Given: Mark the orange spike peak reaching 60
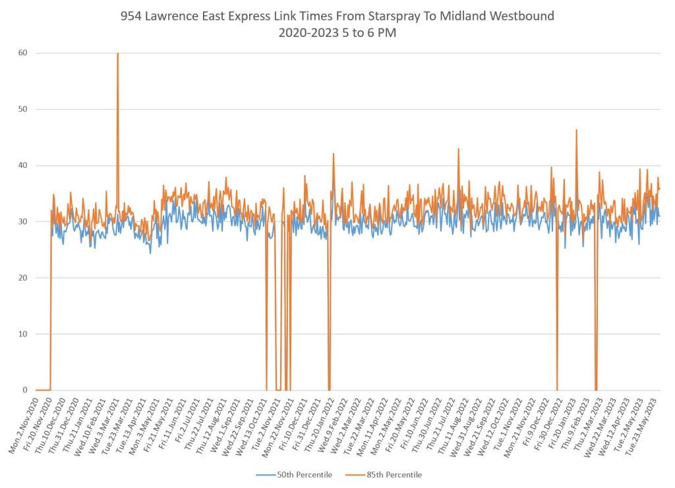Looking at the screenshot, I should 117,53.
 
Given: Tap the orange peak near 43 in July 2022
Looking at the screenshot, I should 458,149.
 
